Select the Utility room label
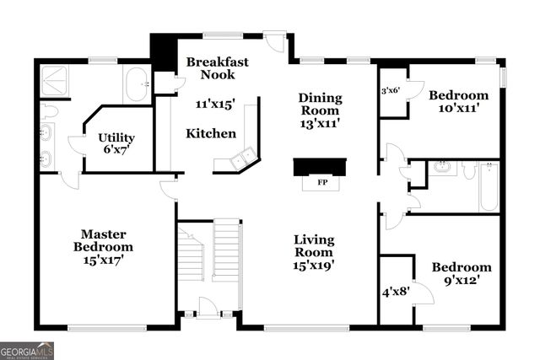tap(116, 137)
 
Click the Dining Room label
tap(319, 105)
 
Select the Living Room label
tap(314, 245)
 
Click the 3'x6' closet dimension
tap(390, 90)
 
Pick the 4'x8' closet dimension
tap(394, 293)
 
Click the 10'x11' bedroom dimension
tap(458, 108)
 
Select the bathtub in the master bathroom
tap(137, 85)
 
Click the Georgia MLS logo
tap(27, 349)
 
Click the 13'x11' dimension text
tap(319, 123)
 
